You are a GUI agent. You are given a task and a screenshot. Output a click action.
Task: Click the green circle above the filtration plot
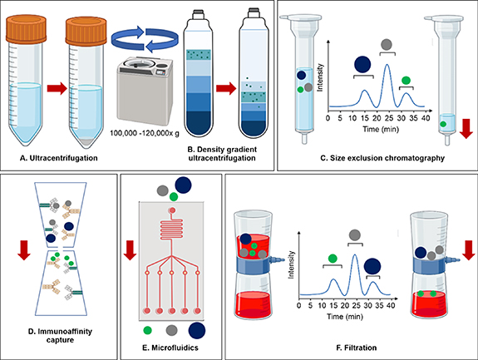click(333, 258)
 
